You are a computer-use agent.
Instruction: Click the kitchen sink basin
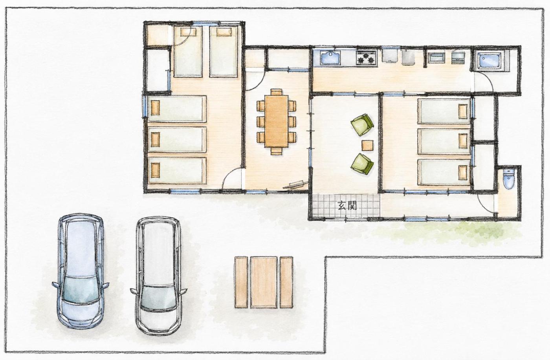pos(331,58)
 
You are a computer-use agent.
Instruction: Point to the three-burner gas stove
pos(366,58)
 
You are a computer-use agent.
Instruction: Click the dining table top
pos(276,121)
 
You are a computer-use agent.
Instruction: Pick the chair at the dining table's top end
pos(277,92)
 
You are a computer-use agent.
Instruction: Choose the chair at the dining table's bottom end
pos(276,151)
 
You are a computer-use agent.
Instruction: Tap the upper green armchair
pos(362,125)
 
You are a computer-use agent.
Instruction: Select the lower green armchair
pos(362,164)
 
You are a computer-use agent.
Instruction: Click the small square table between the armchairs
pos(368,145)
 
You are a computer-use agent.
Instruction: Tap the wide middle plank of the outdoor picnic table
pos(264,282)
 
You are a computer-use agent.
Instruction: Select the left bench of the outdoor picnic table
pos(241,282)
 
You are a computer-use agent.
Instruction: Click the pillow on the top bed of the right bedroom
pos(463,111)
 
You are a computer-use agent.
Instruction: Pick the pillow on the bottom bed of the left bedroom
pos(155,170)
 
